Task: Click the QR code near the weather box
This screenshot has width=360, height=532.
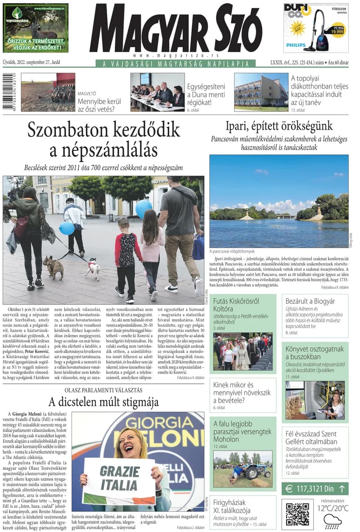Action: click(x=297, y=513)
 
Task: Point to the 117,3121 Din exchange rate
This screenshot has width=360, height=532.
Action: click(x=315, y=489)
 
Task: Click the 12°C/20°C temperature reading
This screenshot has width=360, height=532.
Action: click(x=333, y=509)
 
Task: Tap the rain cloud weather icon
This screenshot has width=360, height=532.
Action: click(x=333, y=522)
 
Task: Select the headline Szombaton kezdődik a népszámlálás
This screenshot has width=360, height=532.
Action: click(x=103, y=140)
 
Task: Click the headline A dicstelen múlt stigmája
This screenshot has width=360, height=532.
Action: click(x=103, y=401)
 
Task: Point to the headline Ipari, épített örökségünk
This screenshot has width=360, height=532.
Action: click(x=279, y=126)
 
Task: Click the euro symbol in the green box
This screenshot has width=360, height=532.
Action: click(x=289, y=489)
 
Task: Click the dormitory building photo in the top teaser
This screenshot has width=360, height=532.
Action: click(x=261, y=92)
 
